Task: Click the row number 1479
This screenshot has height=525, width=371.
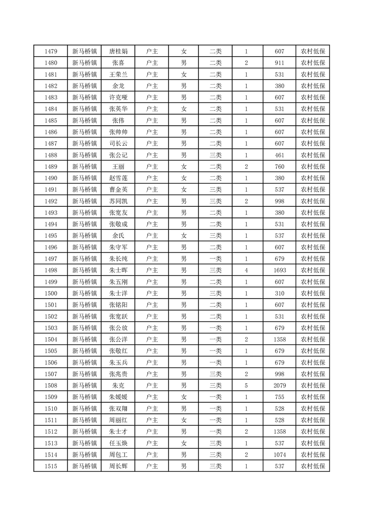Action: pyautogui.click(x=51, y=51)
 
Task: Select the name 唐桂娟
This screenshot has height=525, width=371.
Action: pyautogui.click(x=118, y=51)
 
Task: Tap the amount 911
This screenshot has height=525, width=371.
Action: pyautogui.click(x=280, y=63)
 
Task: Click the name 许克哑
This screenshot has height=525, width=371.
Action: pyautogui.click(x=118, y=97)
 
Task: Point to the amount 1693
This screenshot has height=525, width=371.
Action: pyautogui.click(x=280, y=270)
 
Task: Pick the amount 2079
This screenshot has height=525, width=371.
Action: pyautogui.click(x=280, y=385)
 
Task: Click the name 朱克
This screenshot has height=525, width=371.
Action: pyautogui.click(x=118, y=385)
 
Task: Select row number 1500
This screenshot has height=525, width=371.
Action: pyautogui.click(x=51, y=293)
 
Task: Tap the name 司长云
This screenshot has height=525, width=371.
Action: pyautogui.click(x=118, y=144)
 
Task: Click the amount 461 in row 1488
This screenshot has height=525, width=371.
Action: pyautogui.click(x=280, y=155)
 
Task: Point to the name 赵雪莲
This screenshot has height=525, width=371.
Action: pyautogui.click(x=118, y=178)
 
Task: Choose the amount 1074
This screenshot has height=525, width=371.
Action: pyautogui.click(x=280, y=454)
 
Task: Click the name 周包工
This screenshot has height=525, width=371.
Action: pyautogui.click(x=118, y=454)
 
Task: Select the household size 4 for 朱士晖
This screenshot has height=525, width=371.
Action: pyautogui.click(x=246, y=270)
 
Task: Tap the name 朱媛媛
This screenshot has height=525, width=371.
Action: pyautogui.click(x=118, y=397)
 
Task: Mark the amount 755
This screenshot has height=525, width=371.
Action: pyautogui.click(x=280, y=397)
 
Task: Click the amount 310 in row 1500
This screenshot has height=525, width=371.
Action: pyautogui.click(x=280, y=293)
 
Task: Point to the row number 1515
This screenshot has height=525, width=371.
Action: pyautogui.click(x=51, y=466)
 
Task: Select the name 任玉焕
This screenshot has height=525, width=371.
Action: pyautogui.click(x=118, y=443)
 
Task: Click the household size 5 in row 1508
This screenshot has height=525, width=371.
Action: pyautogui.click(x=246, y=385)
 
